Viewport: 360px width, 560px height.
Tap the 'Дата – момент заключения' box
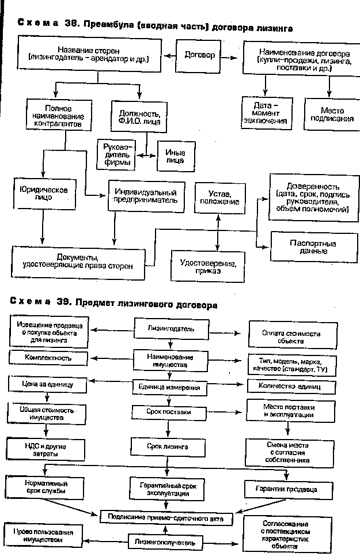tap(266, 113)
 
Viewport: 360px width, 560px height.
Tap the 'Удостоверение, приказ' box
tap(207, 266)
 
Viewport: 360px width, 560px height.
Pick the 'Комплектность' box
tap(48, 358)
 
